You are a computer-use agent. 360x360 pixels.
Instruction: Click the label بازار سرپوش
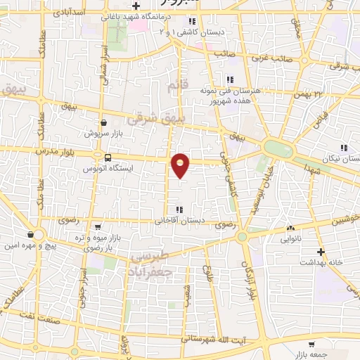(104, 133)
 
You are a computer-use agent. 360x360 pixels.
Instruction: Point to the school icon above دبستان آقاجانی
(180, 210)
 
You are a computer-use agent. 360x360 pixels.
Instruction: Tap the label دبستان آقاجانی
(184, 221)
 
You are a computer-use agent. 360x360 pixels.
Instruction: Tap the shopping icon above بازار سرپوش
(104, 122)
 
